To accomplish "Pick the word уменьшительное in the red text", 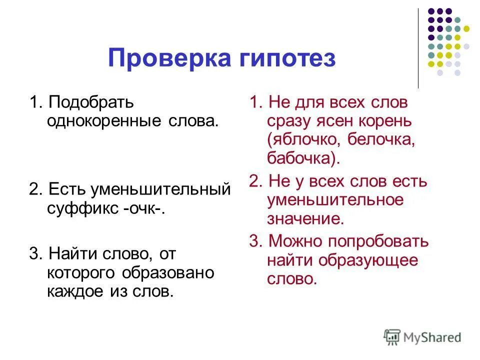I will tap(335, 199).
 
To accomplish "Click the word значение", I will tap(305, 218).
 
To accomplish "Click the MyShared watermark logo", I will tap(422, 336).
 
